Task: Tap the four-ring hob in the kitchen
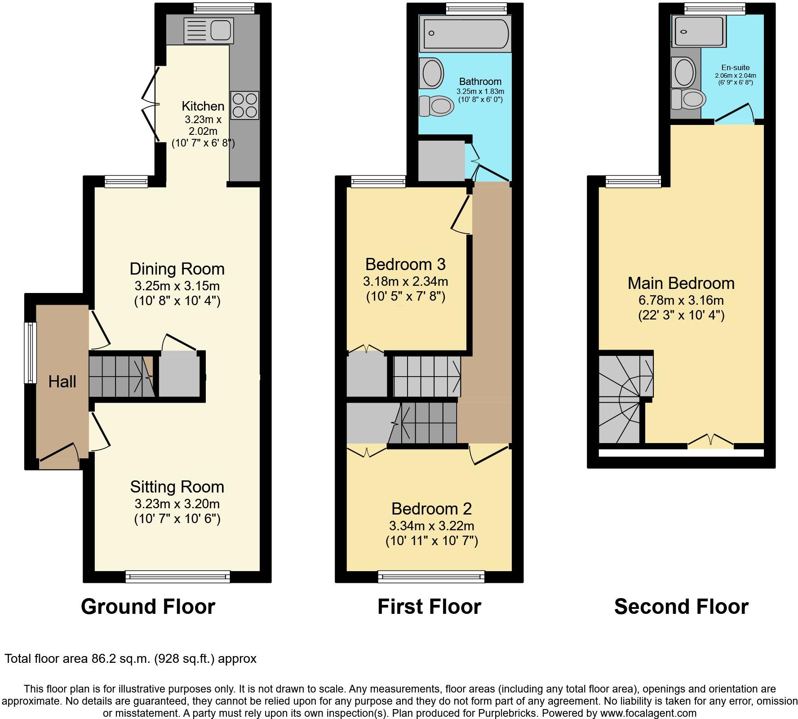[x=245, y=105]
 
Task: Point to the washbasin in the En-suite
[x=684, y=72]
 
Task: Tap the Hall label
[x=62, y=382]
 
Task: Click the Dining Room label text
[x=177, y=269]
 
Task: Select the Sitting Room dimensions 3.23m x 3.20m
[x=177, y=504]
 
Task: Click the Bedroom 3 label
[x=405, y=264]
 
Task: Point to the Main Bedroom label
[x=681, y=283]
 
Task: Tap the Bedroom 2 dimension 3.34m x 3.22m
[x=431, y=526]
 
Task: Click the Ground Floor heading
[x=148, y=607]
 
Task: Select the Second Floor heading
[x=681, y=607]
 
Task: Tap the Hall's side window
[x=30, y=353]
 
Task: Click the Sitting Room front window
[x=177, y=577]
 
